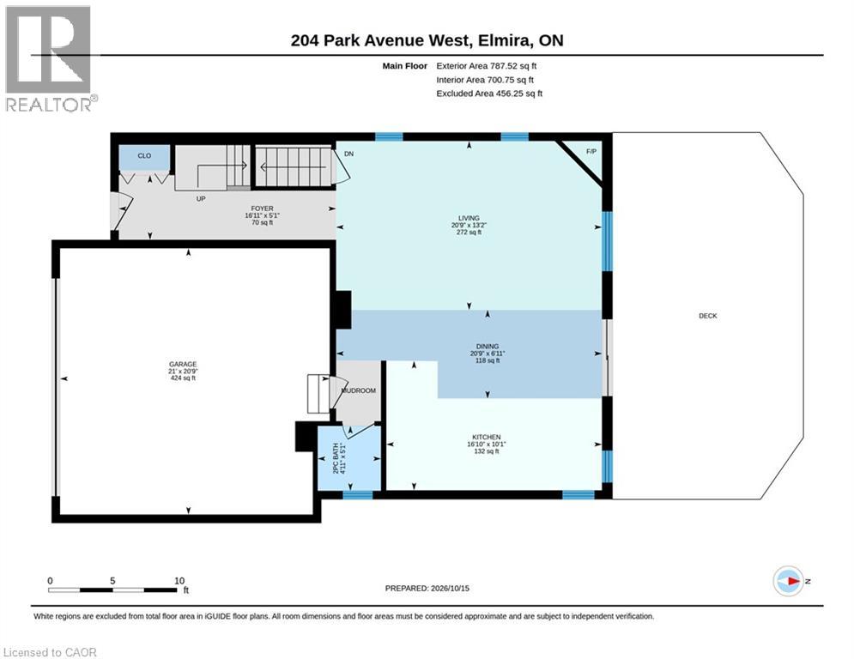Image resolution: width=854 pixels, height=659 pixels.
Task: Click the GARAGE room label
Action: [x=183, y=365]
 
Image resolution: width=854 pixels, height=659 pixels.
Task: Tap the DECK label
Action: [x=708, y=316]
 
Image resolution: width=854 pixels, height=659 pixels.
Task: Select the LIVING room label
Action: [x=469, y=218]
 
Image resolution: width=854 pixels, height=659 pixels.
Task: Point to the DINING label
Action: [x=488, y=347]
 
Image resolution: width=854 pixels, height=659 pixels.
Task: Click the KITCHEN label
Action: [x=487, y=438]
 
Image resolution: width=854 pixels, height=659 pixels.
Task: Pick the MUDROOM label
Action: [x=359, y=390]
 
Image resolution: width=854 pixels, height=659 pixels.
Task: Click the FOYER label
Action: [x=262, y=209]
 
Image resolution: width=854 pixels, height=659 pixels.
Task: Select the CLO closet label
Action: [x=144, y=156]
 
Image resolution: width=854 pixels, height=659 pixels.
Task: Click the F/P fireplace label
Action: [x=591, y=151]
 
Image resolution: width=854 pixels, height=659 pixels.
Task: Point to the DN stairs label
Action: [x=349, y=154]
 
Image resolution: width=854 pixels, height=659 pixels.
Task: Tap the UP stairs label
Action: [x=201, y=199]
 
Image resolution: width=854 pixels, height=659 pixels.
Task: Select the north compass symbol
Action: [x=789, y=582]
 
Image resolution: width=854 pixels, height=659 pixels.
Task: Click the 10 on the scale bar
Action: [x=179, y=581]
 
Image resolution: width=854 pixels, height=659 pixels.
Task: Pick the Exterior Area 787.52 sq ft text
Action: [x=487, y=66]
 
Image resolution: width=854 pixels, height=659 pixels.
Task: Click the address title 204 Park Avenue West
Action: [x=379, y=40]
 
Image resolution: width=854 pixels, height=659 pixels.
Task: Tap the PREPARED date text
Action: [x=427, y=588]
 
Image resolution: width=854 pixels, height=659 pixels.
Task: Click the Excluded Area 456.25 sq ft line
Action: [x=489, y=94]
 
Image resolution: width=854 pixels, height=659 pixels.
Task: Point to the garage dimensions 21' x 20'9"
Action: [x=183, y=371]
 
